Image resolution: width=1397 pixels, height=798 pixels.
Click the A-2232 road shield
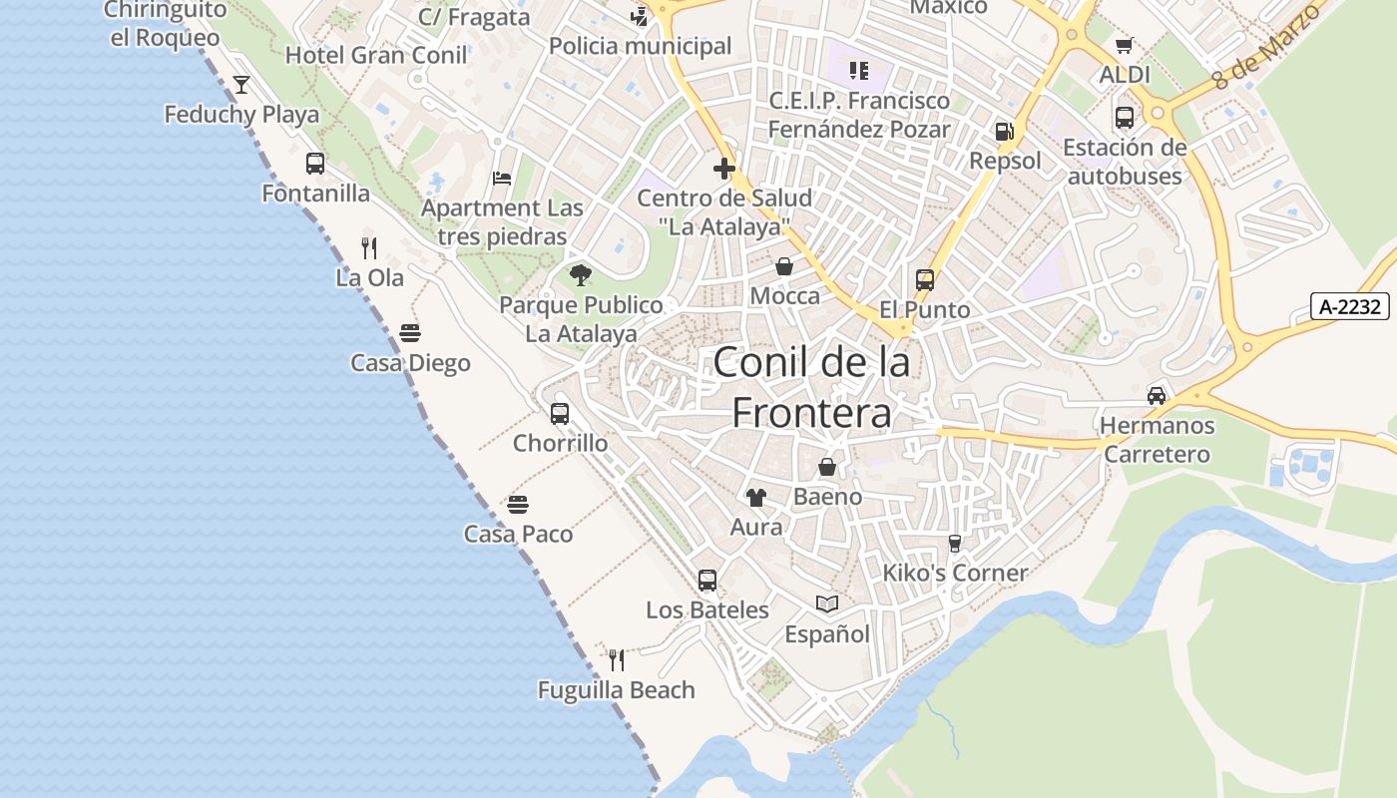(1349, 306)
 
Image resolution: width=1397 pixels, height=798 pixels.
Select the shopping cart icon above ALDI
(1125, 45)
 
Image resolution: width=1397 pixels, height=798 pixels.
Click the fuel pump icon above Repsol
(1005, 132)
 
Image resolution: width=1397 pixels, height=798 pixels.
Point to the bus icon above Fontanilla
(315, 164)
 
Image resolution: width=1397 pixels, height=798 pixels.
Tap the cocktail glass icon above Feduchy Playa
(241, 85)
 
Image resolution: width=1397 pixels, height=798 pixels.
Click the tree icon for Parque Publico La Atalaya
(581, 275)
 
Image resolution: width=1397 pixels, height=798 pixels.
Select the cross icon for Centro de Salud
(724, 169)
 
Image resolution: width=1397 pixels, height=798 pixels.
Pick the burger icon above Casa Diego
(410, 333)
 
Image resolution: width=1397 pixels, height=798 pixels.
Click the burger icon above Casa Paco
(518, 505)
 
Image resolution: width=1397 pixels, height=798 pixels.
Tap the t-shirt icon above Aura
(756, 497)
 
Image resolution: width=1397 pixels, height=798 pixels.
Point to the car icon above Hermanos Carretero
(1157, 396)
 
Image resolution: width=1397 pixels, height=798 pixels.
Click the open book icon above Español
(827, 603)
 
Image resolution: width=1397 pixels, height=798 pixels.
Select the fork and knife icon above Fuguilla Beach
(617, 659)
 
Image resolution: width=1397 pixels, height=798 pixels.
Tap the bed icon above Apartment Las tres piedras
(502, 179)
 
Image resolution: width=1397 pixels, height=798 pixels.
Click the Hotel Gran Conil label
(376, 55)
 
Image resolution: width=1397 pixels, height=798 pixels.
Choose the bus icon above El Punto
(925, 280)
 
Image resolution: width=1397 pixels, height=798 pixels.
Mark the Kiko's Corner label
(955, 573)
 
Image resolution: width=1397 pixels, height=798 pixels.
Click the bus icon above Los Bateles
(707, 580)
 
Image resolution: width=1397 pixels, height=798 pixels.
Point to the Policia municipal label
(640, 46)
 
